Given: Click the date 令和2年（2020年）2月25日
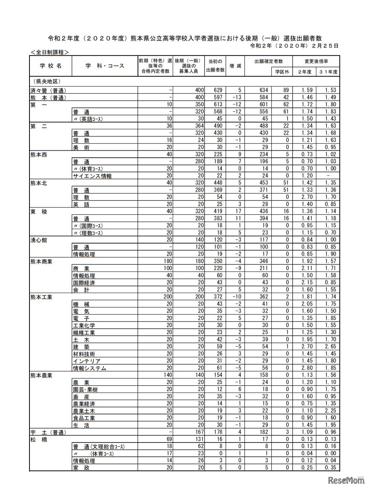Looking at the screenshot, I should pos(294,46).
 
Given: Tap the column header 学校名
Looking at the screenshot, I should pos(51,66).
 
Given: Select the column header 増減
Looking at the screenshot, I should pos(235,66).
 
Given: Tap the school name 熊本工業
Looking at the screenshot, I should pos(41,297).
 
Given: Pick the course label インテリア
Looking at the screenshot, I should pos(87,361).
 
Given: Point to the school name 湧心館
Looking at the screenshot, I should pos(39,240).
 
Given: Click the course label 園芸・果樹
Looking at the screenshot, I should pos(85,390).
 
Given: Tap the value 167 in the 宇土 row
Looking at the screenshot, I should pos(198,432).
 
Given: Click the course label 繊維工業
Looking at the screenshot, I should pos(84,333).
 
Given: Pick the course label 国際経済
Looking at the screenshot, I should pos(84,283).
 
